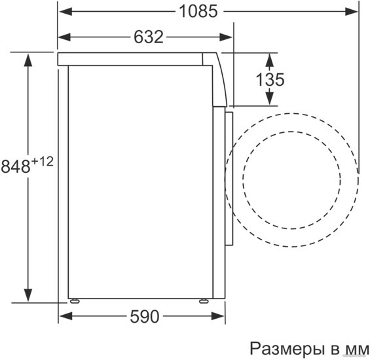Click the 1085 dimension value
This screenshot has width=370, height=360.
click(x=198, y=11)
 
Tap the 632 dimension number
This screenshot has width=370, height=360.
click(x=149, y=37)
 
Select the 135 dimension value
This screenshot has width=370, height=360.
click(x=270, y=79)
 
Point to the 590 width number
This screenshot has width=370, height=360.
click(x=145, y=317)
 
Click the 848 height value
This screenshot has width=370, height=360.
click(x=16, y=166)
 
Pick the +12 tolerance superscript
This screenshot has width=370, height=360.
click(x=43, y=162)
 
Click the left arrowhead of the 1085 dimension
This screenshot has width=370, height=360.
click(x=65, y=11)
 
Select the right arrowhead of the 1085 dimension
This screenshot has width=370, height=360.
click(x=352, y=11)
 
